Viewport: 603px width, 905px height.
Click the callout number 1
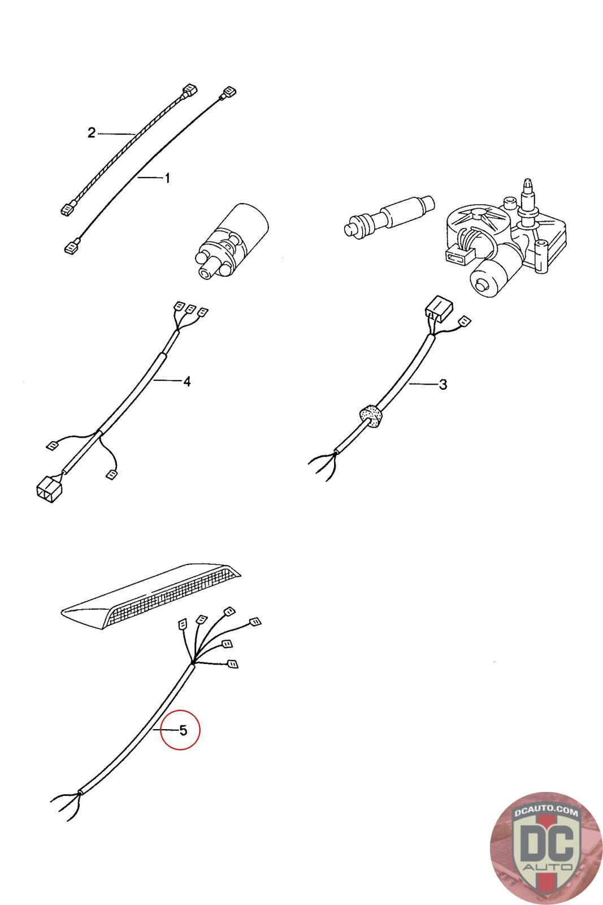point(167,178)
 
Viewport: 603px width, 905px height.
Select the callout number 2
point(92,132)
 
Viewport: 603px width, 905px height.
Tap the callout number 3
point(443,384)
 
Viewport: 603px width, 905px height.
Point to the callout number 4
point(186,381)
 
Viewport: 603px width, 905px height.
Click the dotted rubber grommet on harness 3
point(371,416)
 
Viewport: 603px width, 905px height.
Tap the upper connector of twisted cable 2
point(189,91)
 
